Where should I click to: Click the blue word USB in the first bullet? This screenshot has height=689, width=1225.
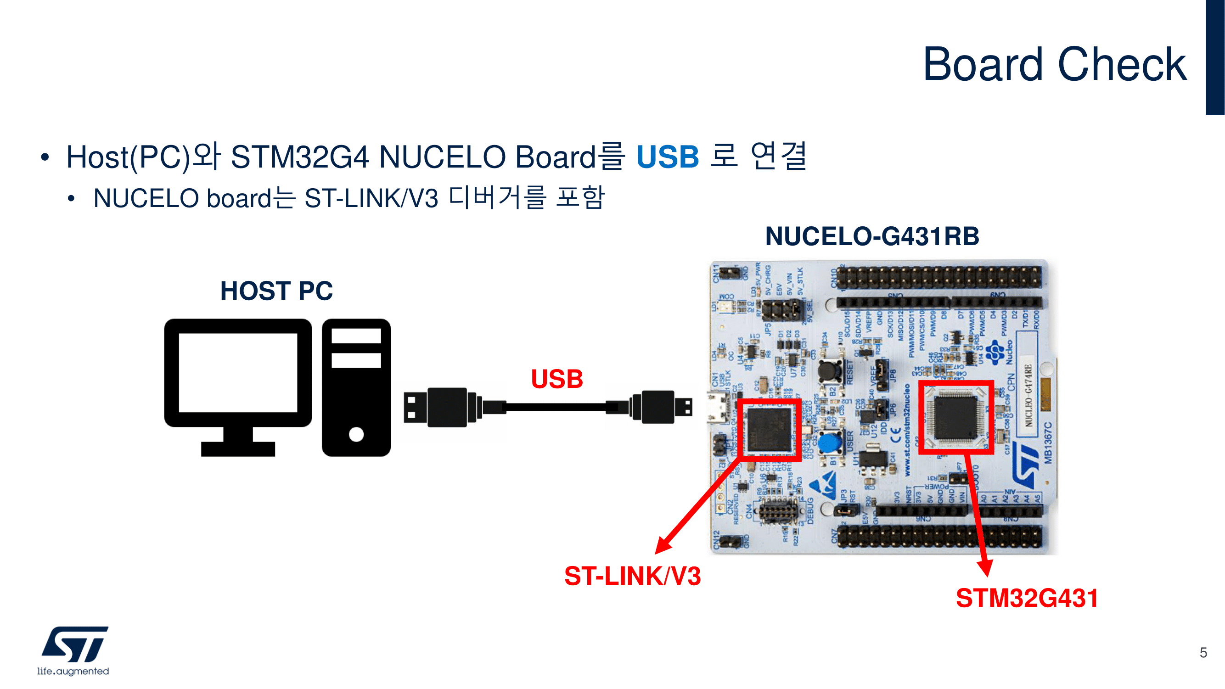[x=667, y=157]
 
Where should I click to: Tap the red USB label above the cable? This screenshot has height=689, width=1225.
[x=556, y=379]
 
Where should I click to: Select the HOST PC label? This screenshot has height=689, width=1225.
[x=276, y=291]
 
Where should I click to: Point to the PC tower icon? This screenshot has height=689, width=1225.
[x=356, y=387]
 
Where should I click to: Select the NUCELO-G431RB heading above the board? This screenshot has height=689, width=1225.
[x=871, y=236]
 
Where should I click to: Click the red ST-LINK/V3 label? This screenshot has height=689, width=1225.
[x=632, y=576]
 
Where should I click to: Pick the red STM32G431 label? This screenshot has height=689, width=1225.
[x=1027, y=598]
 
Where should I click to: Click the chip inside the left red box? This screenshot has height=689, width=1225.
[x=769, y=429]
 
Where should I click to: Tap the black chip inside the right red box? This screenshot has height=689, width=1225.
[x=955, y=417]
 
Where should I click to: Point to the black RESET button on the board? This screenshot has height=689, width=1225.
[x=830, y=372]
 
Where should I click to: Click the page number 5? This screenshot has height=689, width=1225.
[x=1203, y=652]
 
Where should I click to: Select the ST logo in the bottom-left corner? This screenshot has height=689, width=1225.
[x=75, y=644]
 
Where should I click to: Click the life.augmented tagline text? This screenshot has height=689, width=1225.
[x=73, y=671]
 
